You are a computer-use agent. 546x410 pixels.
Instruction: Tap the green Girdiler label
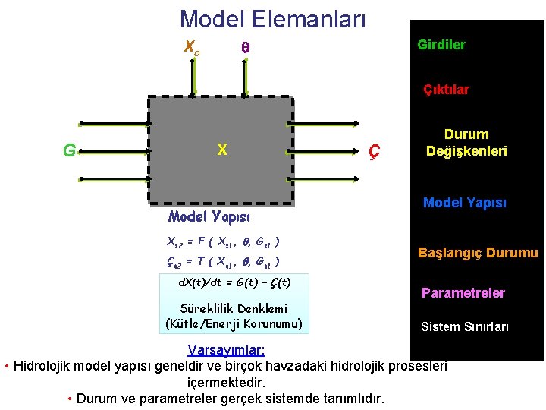(441, 45)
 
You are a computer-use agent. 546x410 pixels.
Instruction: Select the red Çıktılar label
(446, 90)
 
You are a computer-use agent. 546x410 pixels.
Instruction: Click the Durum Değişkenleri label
(466, 143)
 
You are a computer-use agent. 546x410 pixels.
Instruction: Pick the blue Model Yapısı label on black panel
(464, 203)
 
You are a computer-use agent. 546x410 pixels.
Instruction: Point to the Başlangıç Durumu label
(478, 253)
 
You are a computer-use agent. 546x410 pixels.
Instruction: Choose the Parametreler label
(463, 292)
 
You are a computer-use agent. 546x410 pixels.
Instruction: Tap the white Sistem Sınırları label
(465, 326)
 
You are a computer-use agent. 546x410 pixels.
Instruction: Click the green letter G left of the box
(69, 150)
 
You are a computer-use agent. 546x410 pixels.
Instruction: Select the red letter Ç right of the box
(373, 151)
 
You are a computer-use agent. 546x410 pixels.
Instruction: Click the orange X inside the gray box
(221, 150)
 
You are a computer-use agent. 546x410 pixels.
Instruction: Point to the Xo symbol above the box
(192, 46)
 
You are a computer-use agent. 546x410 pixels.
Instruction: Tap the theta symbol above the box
(245, 47)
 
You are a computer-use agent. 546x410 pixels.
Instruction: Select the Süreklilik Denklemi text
(234, 309)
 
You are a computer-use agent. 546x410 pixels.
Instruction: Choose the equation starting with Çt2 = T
(223, 262)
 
